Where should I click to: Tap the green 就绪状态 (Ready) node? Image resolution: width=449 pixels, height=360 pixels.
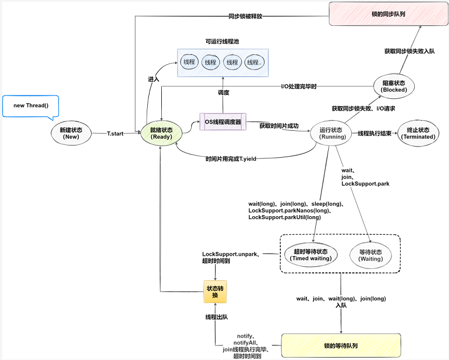(x=161, y=133)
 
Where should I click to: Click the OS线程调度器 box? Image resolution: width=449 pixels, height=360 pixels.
(x=223, y=122)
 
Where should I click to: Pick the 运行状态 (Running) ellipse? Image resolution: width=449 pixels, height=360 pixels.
(x=328, y=133)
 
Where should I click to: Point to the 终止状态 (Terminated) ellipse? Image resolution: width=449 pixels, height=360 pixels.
(x=418, y=133)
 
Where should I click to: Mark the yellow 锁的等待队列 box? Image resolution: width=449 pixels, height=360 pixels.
(x=341, y=345)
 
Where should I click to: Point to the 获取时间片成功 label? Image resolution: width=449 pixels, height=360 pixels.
(x=279, y=126)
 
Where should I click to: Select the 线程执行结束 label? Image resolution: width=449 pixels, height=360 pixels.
(x=374, y=134)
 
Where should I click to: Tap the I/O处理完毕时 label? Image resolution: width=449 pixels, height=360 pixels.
(x=299, y=86)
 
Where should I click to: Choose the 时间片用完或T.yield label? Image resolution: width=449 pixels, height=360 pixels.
(x=231, y=159)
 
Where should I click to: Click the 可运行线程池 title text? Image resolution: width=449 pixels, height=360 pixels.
(x=223, y=42)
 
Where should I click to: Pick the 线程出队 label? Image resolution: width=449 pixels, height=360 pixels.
(x=216, y=317)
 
